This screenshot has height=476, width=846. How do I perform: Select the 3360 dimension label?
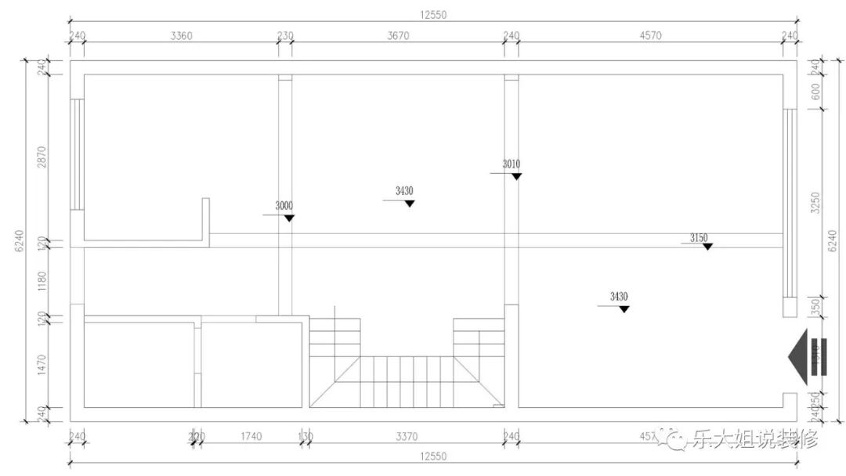[x=181, y=35]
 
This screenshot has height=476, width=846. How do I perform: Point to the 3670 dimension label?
[x=398, y=35]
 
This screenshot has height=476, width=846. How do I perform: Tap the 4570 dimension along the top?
[x=652, y=35]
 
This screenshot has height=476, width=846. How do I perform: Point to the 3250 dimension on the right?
[x=815, y=203]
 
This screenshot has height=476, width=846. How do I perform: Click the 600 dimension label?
[x=815, y=91]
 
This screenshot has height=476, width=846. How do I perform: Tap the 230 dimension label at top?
[x=285, y=35]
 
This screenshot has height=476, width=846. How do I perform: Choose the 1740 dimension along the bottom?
[x=251, y=436]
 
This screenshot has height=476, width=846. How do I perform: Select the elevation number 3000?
[x=284, y=206]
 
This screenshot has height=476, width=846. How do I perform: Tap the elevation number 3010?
[x=511, y=164]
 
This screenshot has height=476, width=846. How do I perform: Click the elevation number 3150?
[x=699, y=237]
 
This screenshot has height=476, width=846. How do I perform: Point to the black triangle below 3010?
[x=516, y=176]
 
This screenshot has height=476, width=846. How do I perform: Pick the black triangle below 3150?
[x=707, y=247]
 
